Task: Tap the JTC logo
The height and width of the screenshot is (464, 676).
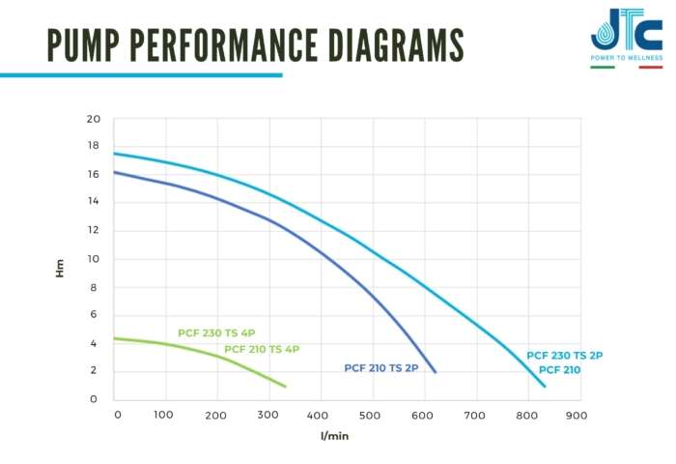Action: click(626, 32)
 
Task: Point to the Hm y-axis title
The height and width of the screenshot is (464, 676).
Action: click(60, 268)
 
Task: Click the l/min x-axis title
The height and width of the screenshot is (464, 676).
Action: click(333, 436)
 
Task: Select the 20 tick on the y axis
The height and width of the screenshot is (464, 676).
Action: click(94, 119)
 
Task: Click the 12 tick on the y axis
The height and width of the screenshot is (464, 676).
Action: click(94, 231)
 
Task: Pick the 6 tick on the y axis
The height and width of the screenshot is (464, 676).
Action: click(94, 315)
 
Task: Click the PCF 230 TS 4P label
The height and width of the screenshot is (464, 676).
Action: click(216, 333)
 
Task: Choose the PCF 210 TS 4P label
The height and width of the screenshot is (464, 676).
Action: click(262, 349)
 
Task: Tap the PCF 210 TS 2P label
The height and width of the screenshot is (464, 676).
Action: click(381, 368)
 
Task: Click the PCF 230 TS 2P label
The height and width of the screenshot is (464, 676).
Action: click(565, 356)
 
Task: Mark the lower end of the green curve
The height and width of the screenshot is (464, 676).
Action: click(286, 387)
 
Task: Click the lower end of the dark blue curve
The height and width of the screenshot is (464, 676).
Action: click(436, 372)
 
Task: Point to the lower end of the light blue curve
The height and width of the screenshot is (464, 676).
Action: click(545, 387)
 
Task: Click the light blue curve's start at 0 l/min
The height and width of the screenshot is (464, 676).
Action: click(114, 154)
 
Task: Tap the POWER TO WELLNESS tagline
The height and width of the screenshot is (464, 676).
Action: click(626, 57)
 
